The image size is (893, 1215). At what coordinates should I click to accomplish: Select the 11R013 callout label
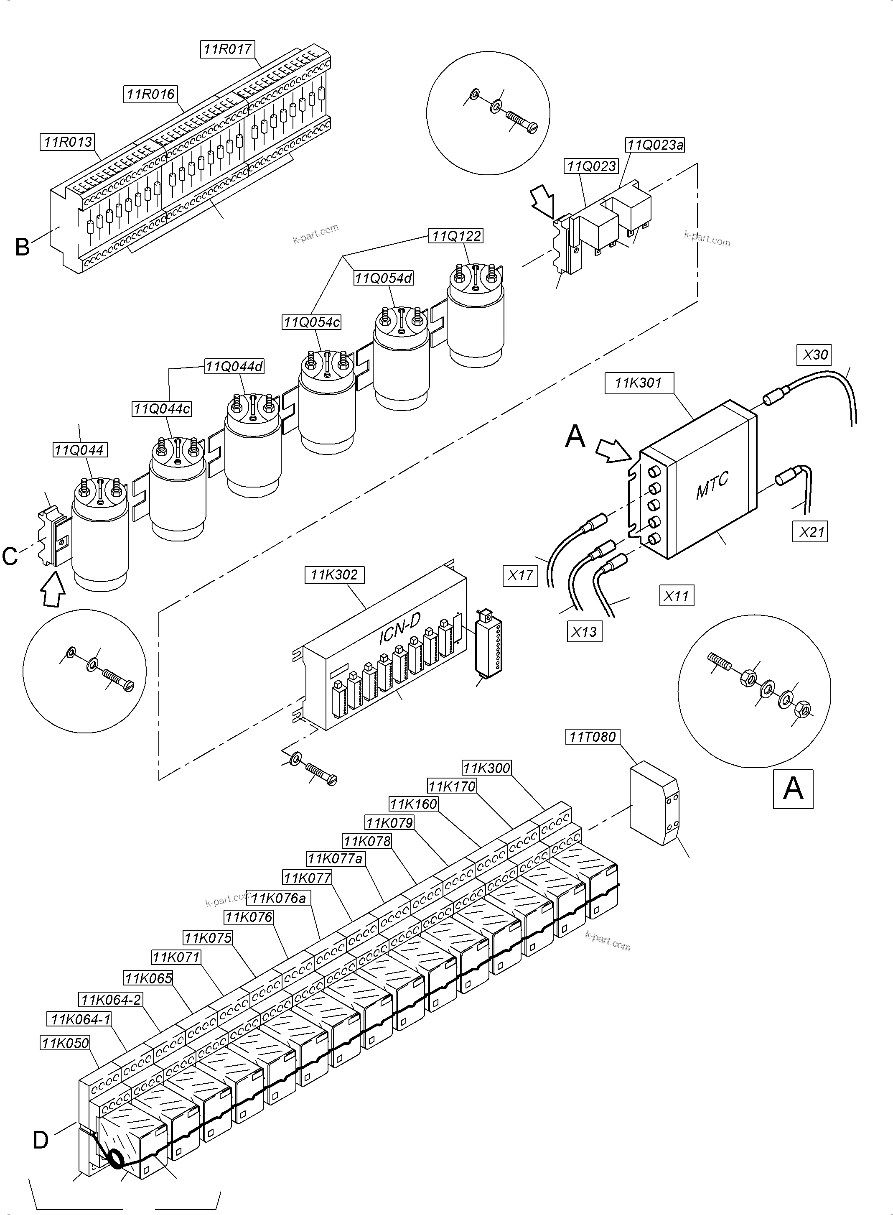tap(68, 142)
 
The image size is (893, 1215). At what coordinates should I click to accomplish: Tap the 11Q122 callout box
tap(455, 236)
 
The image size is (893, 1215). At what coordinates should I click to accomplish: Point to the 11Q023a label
tap(655, 145)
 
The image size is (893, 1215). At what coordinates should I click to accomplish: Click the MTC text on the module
tap(712, 485)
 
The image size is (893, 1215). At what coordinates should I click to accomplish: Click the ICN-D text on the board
tap(399, 630)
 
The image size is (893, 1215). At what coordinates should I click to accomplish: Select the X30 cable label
tap(814, 355)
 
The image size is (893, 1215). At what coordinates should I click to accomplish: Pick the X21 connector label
tap(812, 532)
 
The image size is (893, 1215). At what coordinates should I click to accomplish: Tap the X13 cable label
tap(583, 632)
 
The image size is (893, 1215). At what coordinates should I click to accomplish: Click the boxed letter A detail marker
tap(792, 789)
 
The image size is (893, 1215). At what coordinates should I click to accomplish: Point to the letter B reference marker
tap(22, 247)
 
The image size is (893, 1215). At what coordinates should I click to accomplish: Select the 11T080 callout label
tap(593, 736)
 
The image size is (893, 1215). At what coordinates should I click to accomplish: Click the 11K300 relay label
tap(486, 768)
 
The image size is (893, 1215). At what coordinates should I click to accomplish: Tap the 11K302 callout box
tap(334, 575)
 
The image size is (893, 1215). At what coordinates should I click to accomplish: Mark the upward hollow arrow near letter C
tap(53, 590)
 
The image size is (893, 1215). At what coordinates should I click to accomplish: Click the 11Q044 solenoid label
tap(79, 450)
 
